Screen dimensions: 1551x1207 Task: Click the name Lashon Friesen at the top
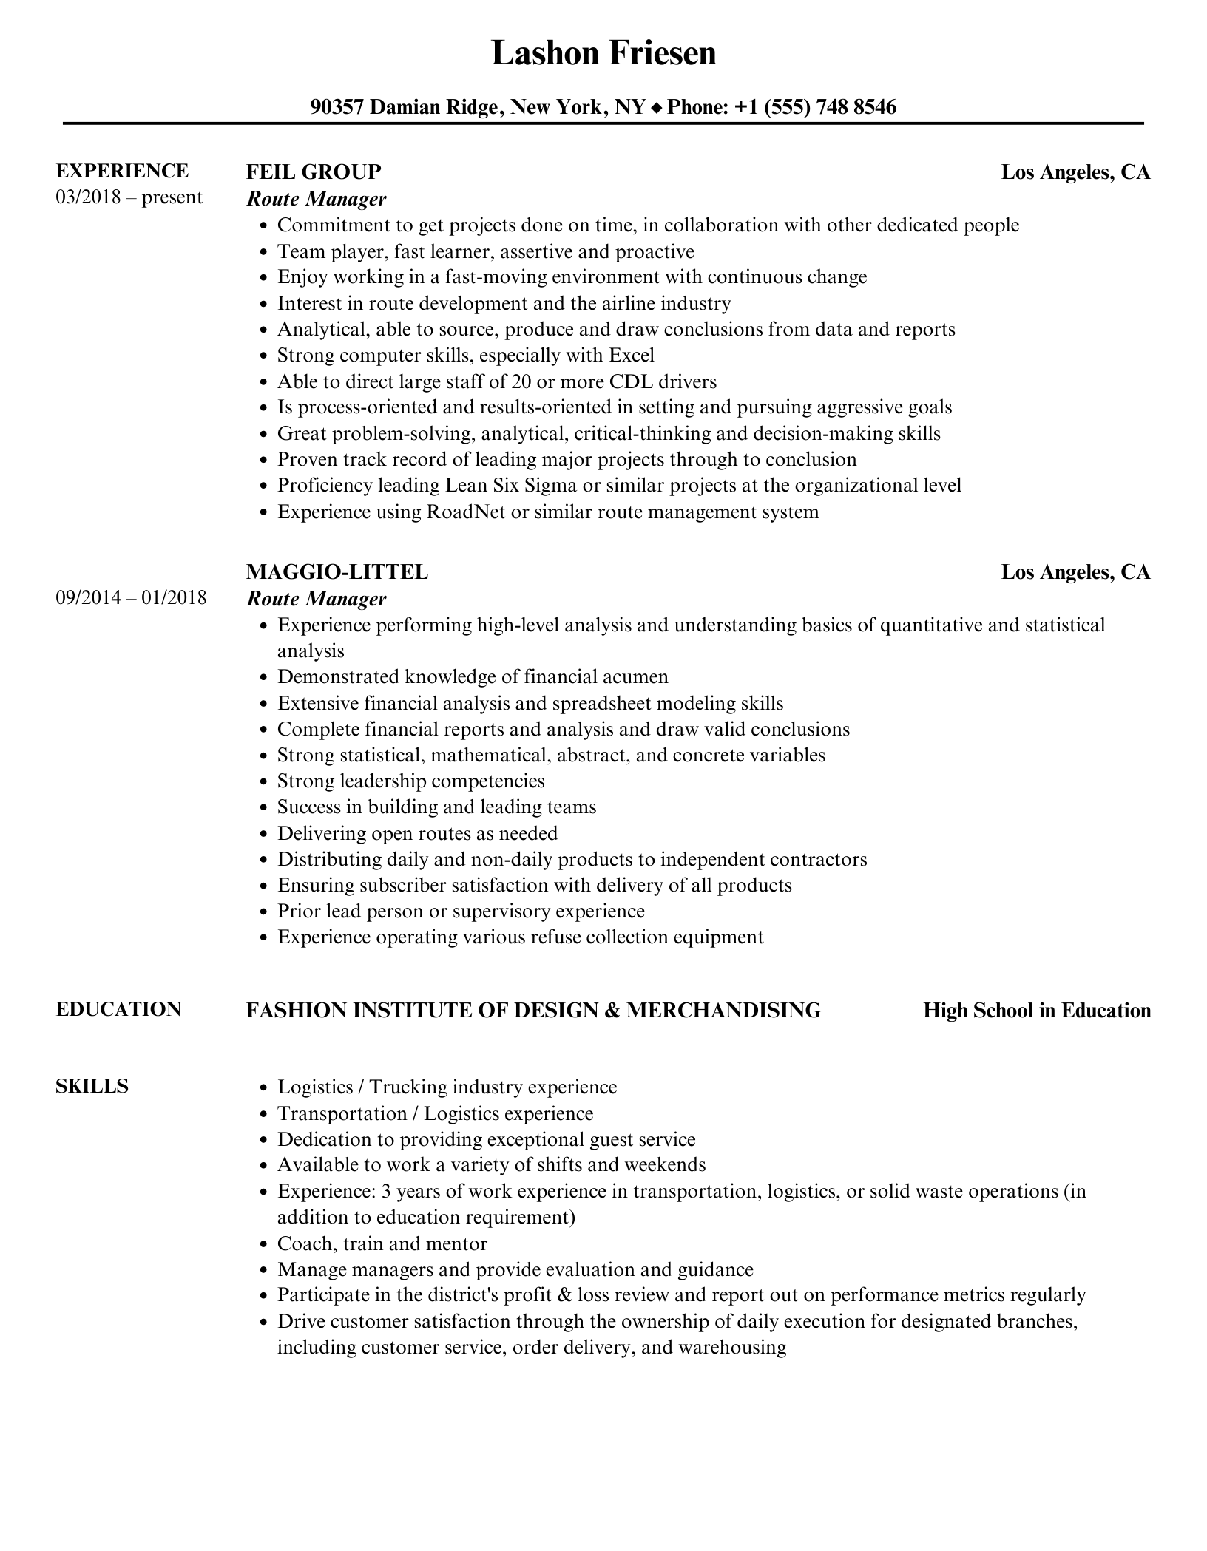[603, 53]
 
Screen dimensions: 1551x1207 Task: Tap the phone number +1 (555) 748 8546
[815, 108]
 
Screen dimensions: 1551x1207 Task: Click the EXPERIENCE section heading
[122, 172]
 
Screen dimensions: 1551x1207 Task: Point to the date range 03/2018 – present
[129, 197]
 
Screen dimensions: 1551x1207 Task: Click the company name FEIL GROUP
[314, 172]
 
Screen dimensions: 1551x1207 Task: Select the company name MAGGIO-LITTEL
[337, 572]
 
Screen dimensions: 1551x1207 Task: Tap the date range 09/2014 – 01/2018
[131, 597]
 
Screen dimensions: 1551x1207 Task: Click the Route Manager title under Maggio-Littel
[316, 598]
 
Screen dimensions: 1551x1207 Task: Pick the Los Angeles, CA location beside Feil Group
[1075, 172]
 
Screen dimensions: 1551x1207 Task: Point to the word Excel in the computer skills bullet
[632, 356]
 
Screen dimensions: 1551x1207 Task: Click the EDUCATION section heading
[118, 1010]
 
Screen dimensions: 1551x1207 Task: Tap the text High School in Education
[1037, 1011]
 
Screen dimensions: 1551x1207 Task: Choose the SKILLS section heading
[92, 1087]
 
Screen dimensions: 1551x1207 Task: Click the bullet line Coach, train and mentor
[382, 1243]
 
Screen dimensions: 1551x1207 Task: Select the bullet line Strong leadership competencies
[410, 781]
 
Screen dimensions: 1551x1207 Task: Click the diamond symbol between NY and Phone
[657, 109]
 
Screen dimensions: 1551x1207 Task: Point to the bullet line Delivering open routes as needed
[417, 834]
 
